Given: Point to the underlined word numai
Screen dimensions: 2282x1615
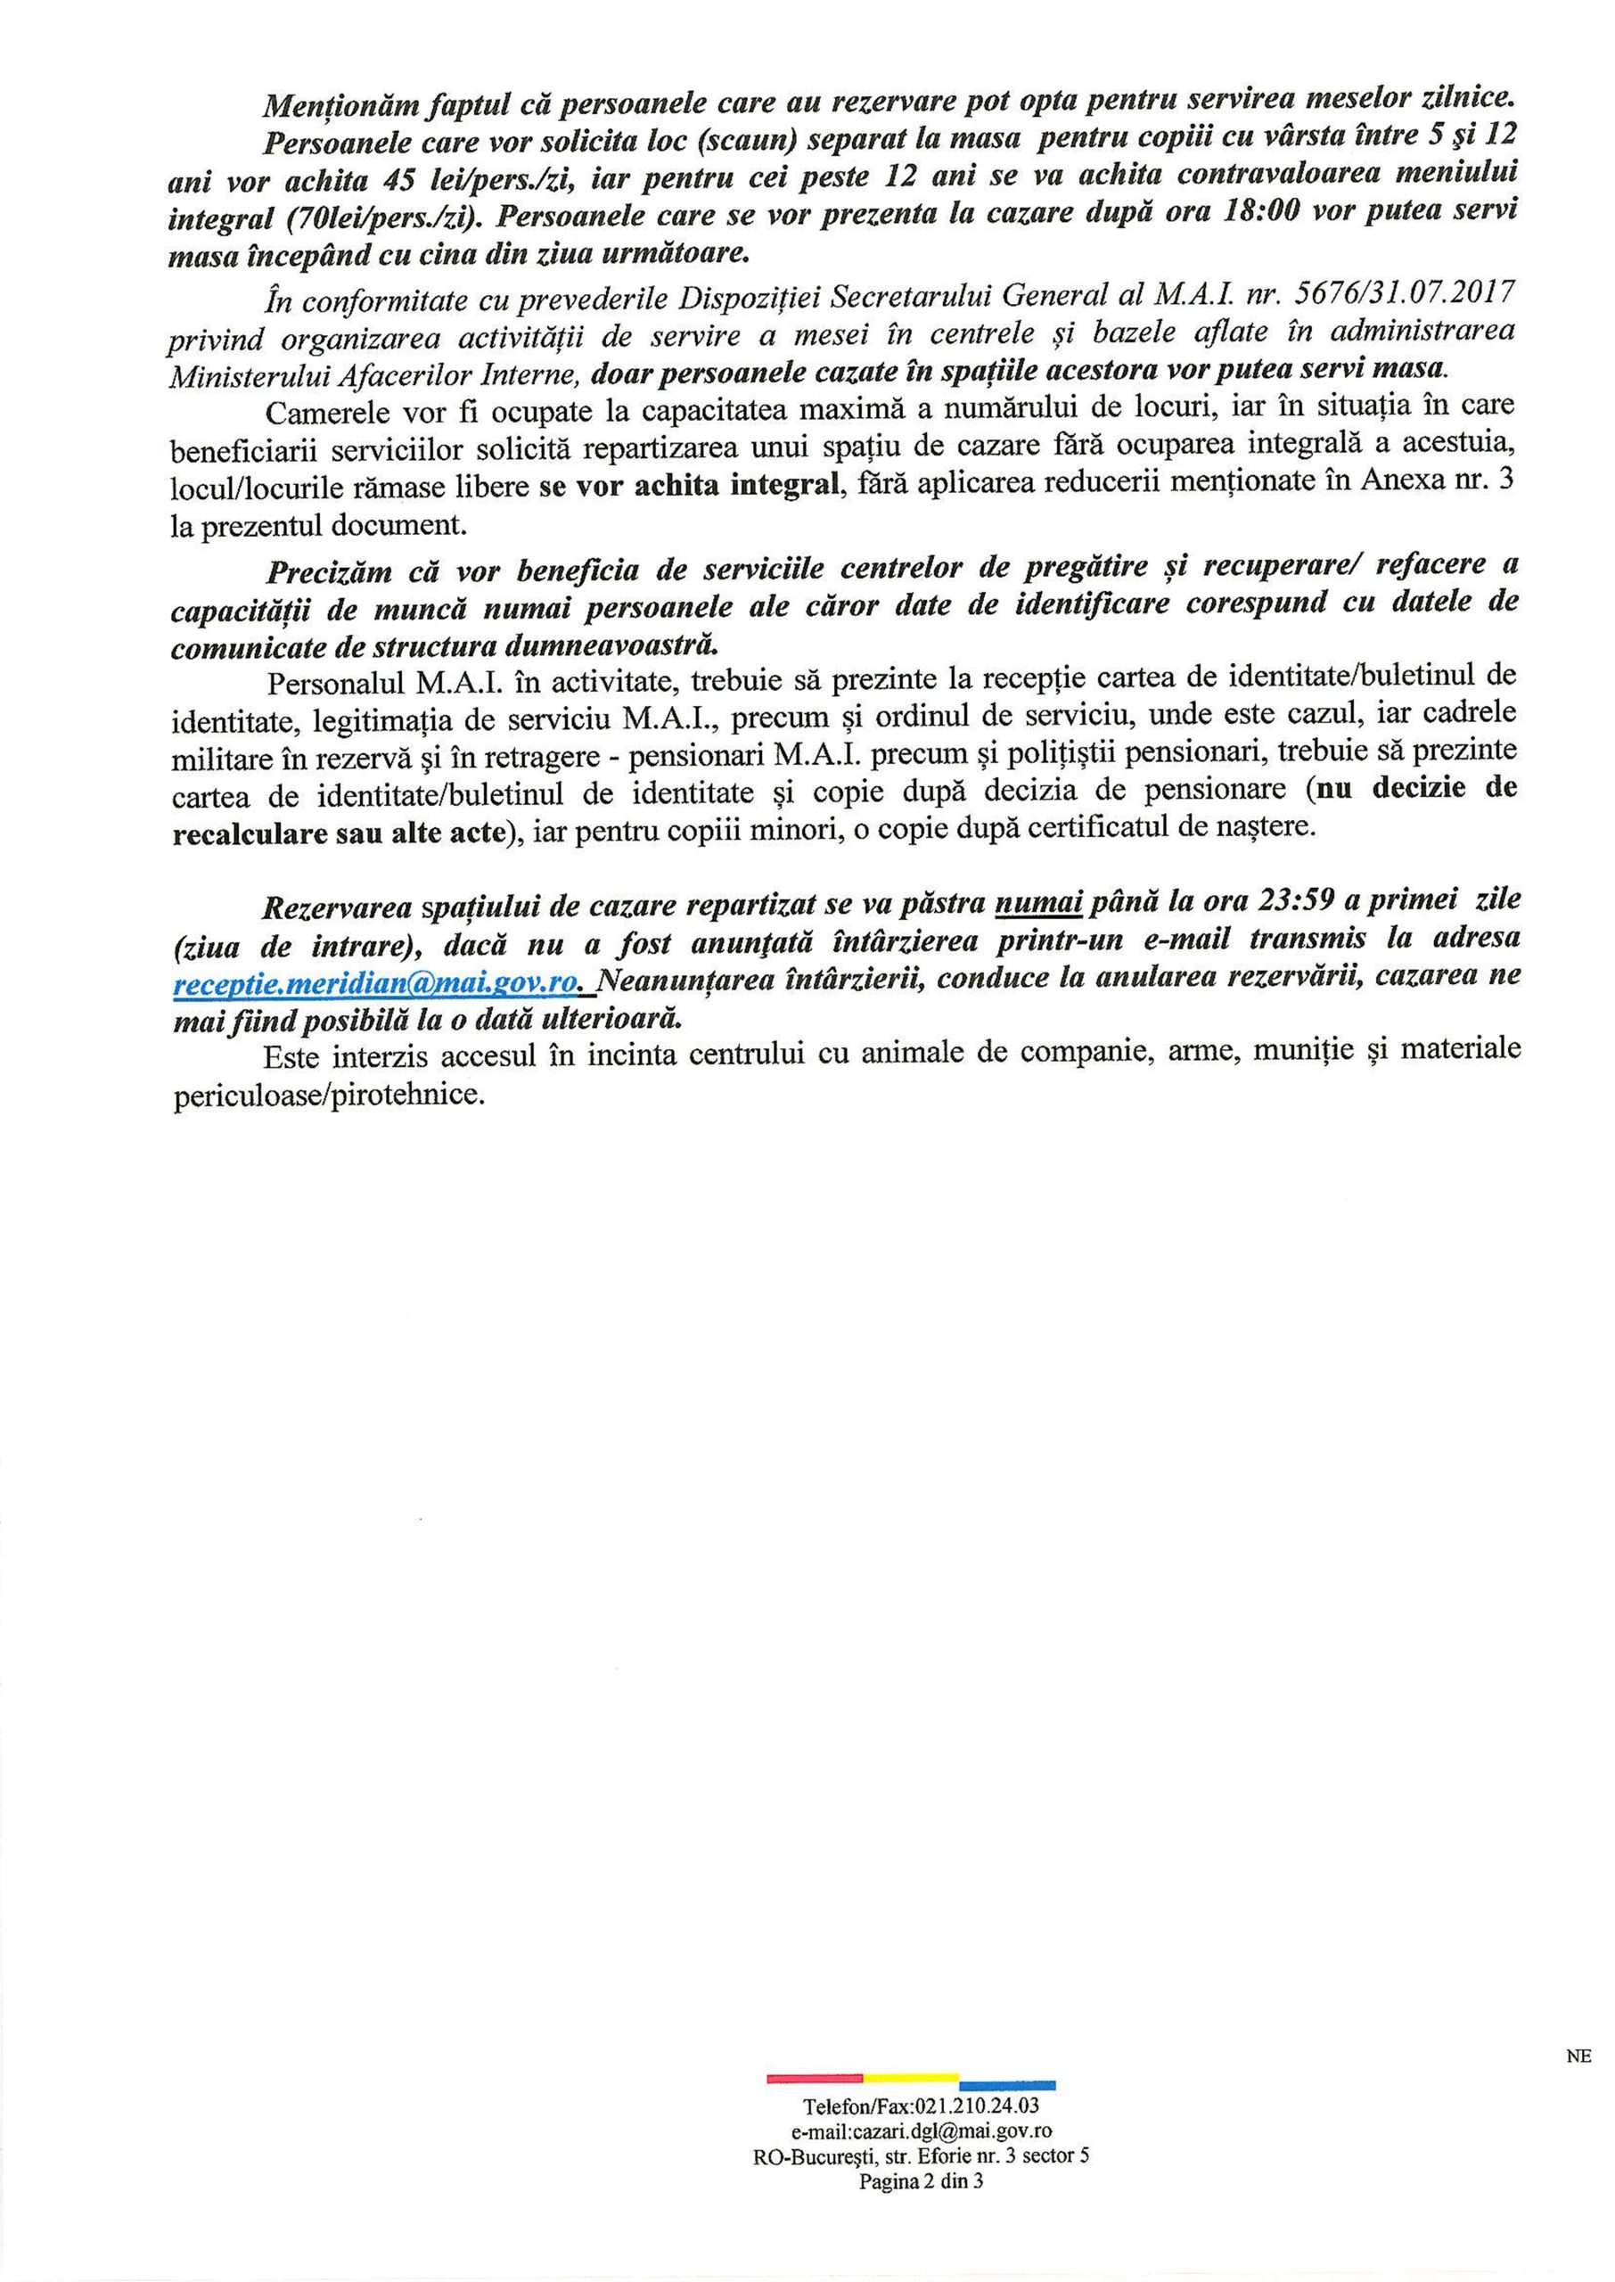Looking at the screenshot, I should (1039, 903).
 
